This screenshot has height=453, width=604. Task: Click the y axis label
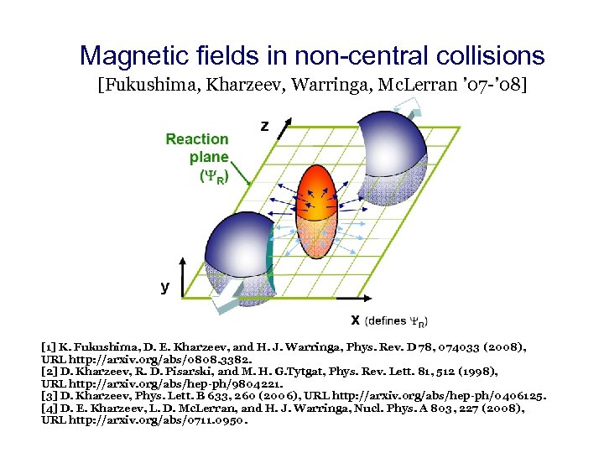[x=165, y=287]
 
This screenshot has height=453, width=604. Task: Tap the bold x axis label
[x=356, y=320]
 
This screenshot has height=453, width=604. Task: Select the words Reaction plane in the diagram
[x=198, y=148]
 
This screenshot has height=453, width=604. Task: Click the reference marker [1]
[x=49, y=346]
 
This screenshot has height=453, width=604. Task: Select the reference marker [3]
[x=49, y=394]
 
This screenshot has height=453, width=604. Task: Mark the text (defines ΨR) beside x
[x=395, y=321]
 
